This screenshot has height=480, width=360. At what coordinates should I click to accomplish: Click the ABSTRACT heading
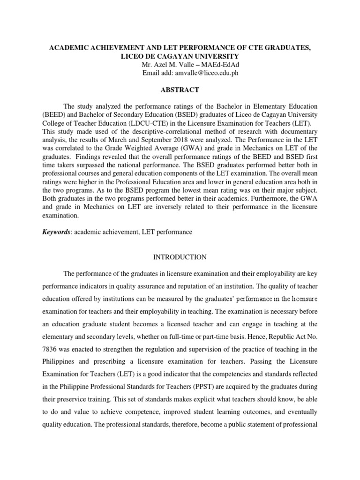coord(180,90)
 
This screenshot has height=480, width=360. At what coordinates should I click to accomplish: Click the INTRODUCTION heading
coord(180,257)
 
